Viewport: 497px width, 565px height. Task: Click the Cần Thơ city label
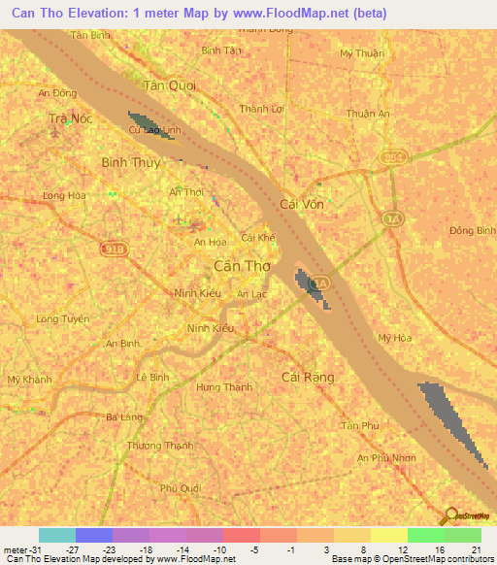coord(241,265)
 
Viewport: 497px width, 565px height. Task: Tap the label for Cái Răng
coord(307,377)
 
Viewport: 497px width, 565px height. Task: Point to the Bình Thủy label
coord(131,162)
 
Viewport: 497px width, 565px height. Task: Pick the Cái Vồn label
coord(299,205)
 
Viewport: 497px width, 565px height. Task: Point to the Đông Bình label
coord(473,230)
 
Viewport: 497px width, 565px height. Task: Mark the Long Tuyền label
coord(62,318)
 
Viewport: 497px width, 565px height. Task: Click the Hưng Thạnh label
coord(224,386)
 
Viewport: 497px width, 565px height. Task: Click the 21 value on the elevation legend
coord(475,550)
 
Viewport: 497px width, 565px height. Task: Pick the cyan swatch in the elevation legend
coord(56,535)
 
